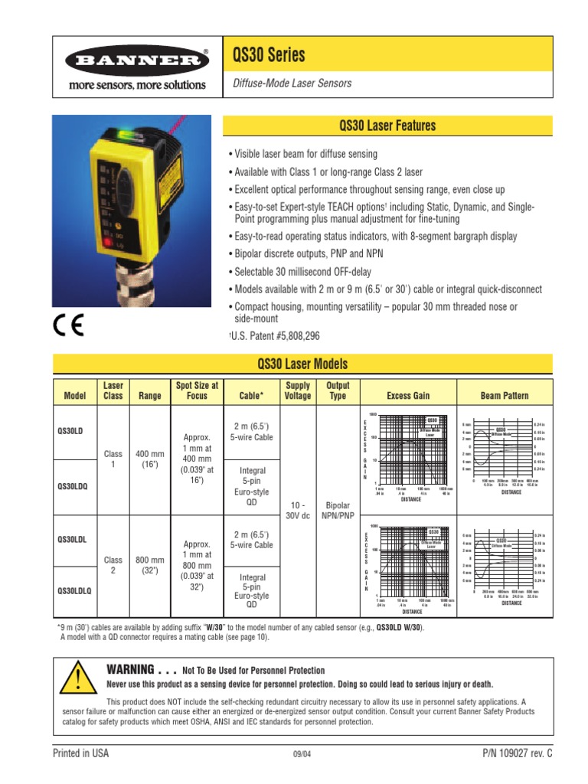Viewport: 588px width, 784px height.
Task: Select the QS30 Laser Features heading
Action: pyautogui.click(x=387, y=126)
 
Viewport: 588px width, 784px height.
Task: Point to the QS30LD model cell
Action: pyautogui.click(x=70, y=431)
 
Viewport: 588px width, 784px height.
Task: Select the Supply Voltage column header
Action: pyautogui.click(x=297, y=390)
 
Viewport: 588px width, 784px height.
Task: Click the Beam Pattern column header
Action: pyautogui.click(x=505, y=396)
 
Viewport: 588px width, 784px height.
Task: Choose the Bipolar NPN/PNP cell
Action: pyautogui.click(x=338, y=506)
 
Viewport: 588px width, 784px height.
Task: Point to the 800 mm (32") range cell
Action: pyautogui.click(x=150, y=566)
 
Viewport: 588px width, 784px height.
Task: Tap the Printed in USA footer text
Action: pyautogui.click(x=80, y=753)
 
